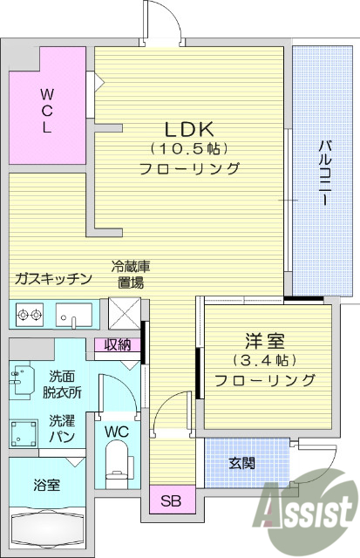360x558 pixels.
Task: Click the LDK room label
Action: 189,125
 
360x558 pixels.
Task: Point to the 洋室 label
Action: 264,339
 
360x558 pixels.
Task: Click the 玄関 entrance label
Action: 242,463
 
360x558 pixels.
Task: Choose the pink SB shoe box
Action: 170,500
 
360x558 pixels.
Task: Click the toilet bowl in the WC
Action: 115,463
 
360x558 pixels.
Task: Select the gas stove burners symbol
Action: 29,312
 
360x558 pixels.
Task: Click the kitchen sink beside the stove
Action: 72,312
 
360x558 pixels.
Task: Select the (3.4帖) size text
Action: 265,359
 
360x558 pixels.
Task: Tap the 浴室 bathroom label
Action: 46,485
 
